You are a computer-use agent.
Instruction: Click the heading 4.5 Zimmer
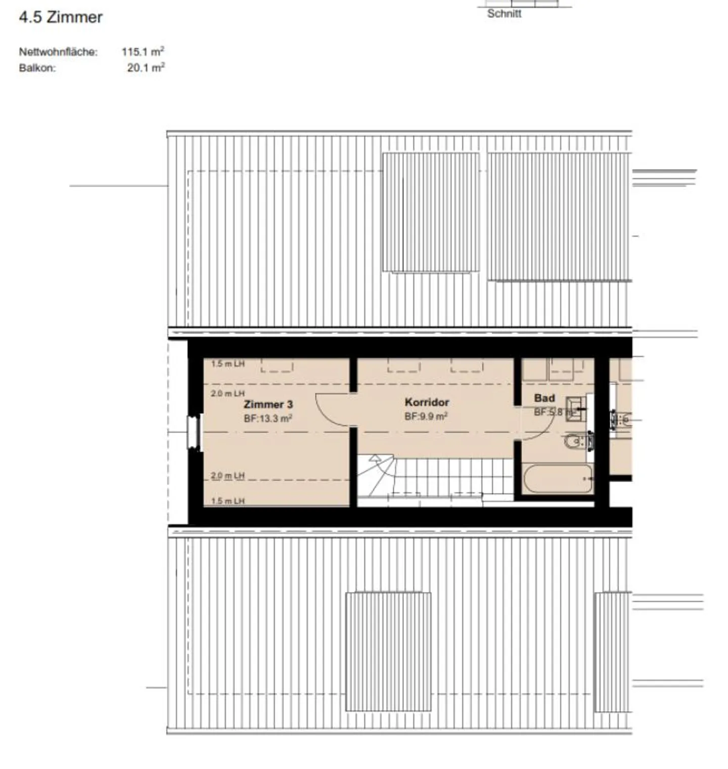coord(61,17)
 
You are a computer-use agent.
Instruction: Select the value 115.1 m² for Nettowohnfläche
coord(143,52)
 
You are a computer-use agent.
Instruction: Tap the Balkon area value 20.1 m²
coord(146,67)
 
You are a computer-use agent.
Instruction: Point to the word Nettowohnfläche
coord(58,52)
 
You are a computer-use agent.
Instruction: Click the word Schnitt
coord(504,14)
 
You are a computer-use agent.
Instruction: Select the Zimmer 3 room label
coord(268,404)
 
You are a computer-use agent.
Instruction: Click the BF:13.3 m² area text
coord(268,418)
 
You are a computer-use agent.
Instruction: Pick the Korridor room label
coord(427,402)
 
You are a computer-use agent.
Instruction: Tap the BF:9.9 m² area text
coord(426,416)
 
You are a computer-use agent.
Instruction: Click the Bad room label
coord(544,398)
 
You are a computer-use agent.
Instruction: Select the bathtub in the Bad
coord(557,479)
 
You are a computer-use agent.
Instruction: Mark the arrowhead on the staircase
coord(375,459)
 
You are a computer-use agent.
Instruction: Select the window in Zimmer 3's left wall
coord(194,432)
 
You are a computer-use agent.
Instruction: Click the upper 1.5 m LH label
coord(227,364)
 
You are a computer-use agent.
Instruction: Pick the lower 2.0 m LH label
coord(227,476)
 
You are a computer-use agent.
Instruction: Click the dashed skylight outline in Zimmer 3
coord(277,366)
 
